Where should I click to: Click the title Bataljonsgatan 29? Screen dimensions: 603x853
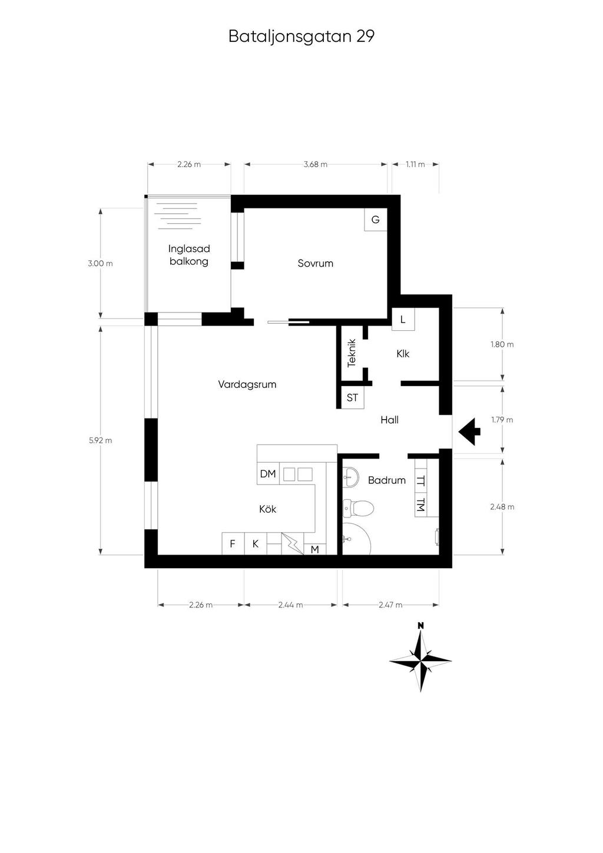(x=301, y=36)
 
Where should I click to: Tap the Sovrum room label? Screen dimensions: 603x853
(x=316, y=263)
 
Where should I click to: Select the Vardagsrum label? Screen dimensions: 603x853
(x=247, y=384)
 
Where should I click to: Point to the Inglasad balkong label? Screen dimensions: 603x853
(x=189, y=255)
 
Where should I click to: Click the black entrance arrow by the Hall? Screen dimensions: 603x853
(x=469, y=432)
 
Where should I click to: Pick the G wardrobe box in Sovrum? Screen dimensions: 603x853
(x=376, y=220)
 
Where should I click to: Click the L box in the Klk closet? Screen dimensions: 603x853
(x=403, y=319)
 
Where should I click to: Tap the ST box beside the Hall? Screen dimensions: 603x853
(x=352, y=397)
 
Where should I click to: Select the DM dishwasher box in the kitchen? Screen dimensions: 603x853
(x=268, y=474)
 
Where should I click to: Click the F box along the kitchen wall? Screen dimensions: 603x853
(x=233, y=544)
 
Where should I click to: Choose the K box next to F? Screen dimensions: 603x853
(x=255, y=544)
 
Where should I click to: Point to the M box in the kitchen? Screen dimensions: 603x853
(x=315, y=549)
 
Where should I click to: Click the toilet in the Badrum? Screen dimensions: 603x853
(x=359, y=507)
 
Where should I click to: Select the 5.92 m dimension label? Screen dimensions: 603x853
(x=101, y=440)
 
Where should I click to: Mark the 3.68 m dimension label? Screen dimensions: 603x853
(x=316, y=164)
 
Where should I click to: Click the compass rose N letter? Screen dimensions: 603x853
(x=420, y=625)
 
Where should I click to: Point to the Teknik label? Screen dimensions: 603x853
(x=352, y=353)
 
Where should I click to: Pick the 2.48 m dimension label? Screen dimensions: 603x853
(x=502, y=507)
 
